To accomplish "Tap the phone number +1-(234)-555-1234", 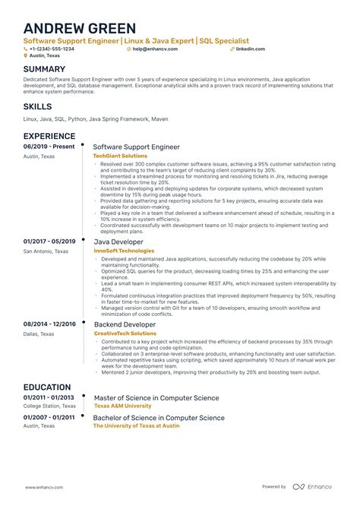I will click(52, 48).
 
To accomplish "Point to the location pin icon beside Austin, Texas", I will click(25, 55).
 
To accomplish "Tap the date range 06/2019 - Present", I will click(48, 146).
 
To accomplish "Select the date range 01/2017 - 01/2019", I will click(49, 242).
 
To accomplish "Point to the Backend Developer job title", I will click(124, 324).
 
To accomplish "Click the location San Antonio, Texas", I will click(46, 251).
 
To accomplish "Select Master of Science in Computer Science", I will click(156, 397).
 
